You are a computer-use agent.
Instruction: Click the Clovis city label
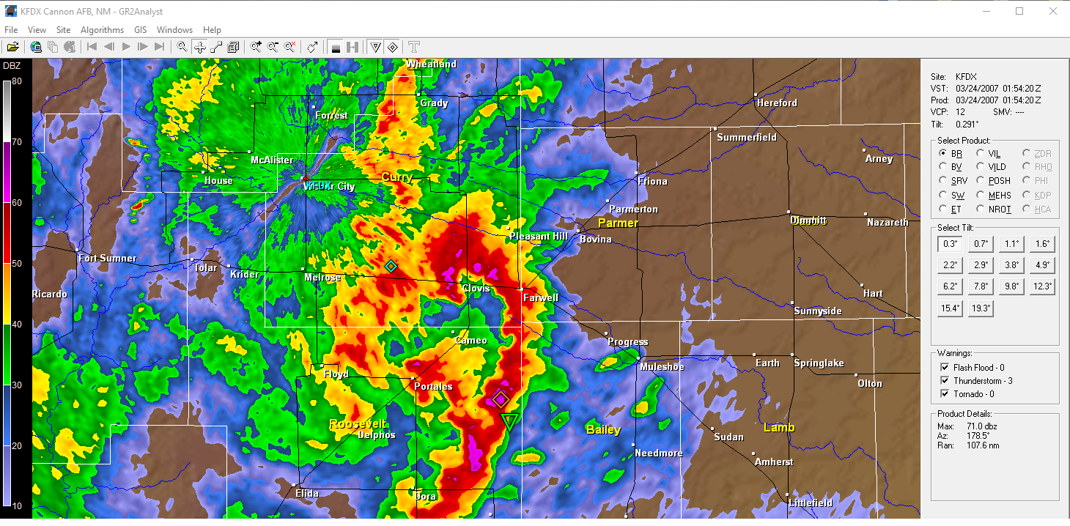pos(476,289)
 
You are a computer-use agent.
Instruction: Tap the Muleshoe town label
pos(662,367)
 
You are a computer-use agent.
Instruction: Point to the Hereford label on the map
pos(777,103)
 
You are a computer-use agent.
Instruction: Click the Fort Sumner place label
pos(108,259)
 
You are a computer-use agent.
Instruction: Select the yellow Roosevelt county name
pos(357,425)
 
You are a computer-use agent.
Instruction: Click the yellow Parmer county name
pos(618,223)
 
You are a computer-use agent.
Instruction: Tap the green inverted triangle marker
pos(509,421)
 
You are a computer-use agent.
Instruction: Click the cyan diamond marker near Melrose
pos(391,266)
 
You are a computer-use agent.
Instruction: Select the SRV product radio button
pos(944,181)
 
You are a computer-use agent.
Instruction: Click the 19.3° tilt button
pos(981,308)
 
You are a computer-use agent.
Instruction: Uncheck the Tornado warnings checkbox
pos(944,394)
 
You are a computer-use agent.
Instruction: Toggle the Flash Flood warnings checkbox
pos(944,368)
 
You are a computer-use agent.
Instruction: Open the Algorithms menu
pos(102,30)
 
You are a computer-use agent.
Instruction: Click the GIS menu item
pos(140,30)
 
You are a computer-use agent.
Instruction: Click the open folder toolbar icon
pos(12,47)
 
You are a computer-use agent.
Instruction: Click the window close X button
pos(1052,11)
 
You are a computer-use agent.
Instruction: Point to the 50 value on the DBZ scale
pos(15,263)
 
